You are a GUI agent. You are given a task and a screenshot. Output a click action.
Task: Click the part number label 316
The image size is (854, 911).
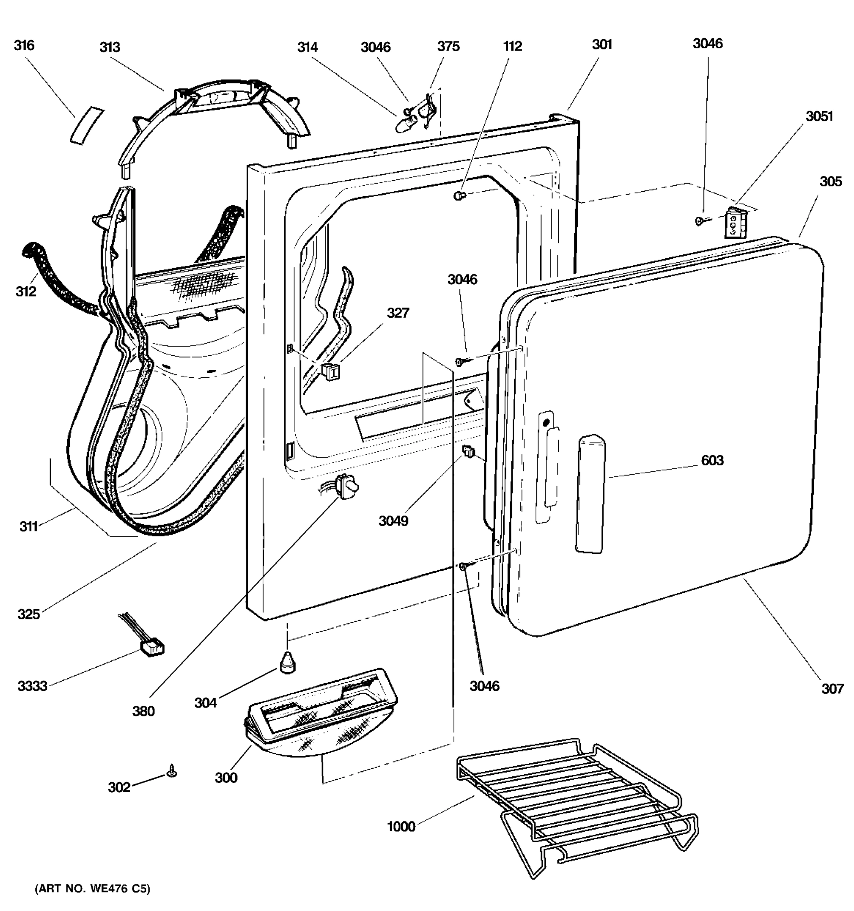(24, 46)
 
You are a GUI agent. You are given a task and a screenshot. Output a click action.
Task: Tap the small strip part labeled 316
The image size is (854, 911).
(87, 126)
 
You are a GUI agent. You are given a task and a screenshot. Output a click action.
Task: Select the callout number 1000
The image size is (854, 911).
(401, 826)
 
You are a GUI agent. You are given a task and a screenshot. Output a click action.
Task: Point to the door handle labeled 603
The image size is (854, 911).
(590, 493)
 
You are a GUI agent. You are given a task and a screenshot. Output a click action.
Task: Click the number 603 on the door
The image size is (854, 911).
(712, 460)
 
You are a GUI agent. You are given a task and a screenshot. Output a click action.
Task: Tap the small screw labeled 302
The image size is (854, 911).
(172, 771)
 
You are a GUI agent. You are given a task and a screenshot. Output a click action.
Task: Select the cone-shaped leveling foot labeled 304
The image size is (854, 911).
(287, 663)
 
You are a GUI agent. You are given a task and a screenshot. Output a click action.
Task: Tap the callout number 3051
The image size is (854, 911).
(819, 117)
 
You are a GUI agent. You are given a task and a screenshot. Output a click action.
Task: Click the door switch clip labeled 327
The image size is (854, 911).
(330, 371)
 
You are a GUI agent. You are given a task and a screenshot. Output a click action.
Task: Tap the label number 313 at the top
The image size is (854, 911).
(110, 47)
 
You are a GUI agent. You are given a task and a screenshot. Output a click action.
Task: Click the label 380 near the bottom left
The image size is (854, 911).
(143, 711)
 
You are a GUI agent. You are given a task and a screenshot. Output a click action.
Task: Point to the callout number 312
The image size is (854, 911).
(26, 292)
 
